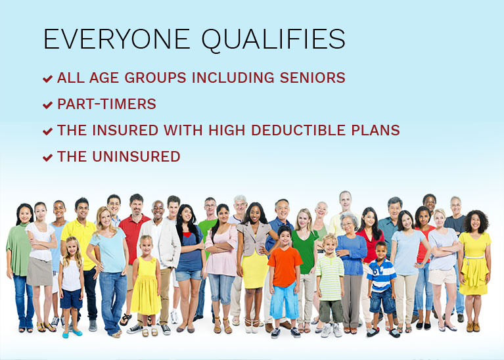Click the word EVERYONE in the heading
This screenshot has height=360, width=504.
click(117, 39)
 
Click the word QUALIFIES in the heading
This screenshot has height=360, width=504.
click(273, 40)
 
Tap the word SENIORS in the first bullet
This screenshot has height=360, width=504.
click(312, 78)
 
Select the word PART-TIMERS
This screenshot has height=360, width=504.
click(106, 104)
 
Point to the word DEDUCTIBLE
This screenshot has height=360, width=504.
click(298, 130)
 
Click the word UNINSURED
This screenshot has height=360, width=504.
click(136, 156)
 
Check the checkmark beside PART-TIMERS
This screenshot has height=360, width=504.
click(47, 105)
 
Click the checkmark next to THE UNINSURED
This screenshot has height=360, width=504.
click(47, 158)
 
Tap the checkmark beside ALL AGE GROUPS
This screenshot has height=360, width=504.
click(47, 78)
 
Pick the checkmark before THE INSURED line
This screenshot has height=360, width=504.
click(47, 131)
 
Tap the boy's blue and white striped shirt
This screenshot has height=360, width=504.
click(382, 276)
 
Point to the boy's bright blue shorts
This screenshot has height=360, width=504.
click(284, 300)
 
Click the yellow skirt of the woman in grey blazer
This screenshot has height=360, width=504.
click(254, 270)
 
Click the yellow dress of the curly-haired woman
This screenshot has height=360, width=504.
click(474, 263)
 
